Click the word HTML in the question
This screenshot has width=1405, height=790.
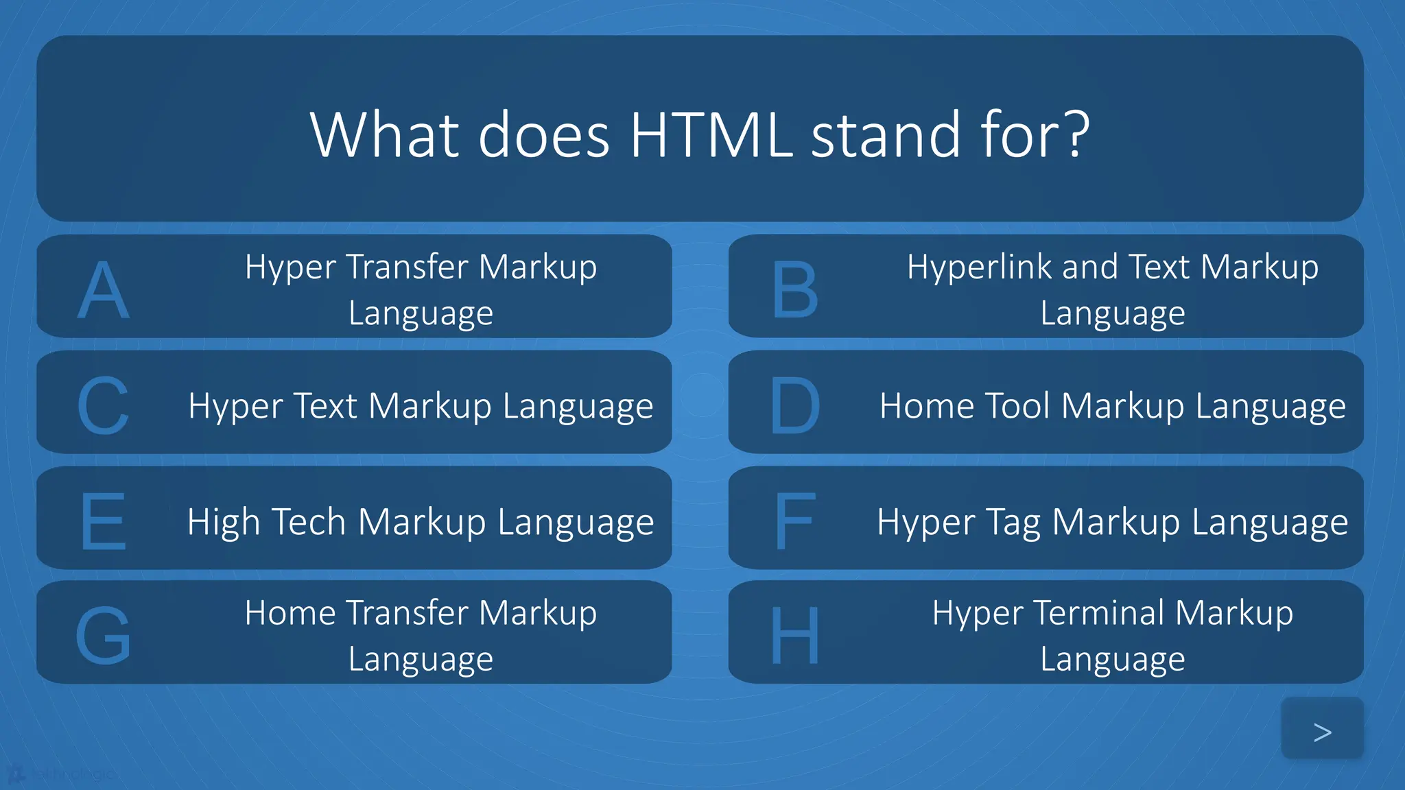pyautogui.click(x=711, y=134)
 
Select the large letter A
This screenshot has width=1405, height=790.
pyautogui.click(x=103, y=290)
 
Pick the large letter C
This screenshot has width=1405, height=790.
pyautogui.click(x=103, y=406)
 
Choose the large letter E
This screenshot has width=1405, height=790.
pyautogui.click(x=103, y=521)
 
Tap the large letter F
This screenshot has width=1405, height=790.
pyautogui.click(x=794, y=521)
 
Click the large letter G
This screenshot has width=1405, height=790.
pyautogui.click(x=103, y=636)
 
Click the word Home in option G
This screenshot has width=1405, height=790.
pyautogui.click(x=287, y=612)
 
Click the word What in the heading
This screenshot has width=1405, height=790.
pyautogui.click(x=384, y=134)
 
